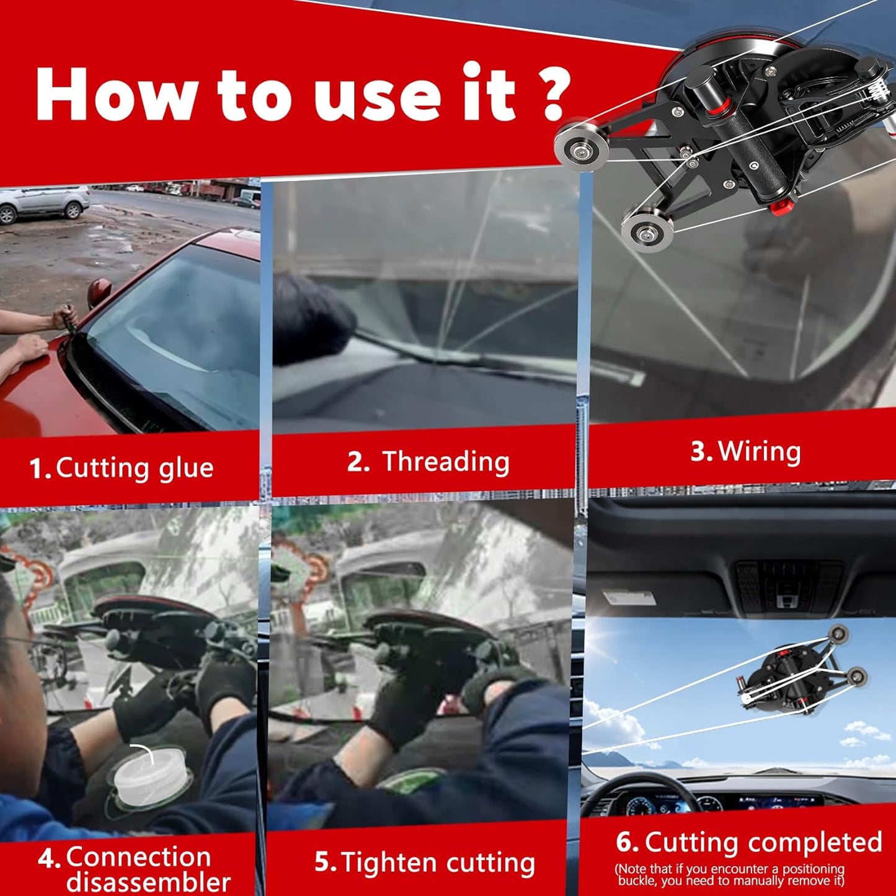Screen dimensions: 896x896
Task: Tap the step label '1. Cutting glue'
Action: click(x=122, y=468)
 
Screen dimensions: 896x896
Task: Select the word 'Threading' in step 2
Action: click(x=446, y=462)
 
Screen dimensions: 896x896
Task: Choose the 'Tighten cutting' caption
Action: click(x=438, y=863)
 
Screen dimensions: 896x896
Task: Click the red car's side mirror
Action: click(x=99, y=291)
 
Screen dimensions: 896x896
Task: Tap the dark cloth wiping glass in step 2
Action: click(x=310, y=316)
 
